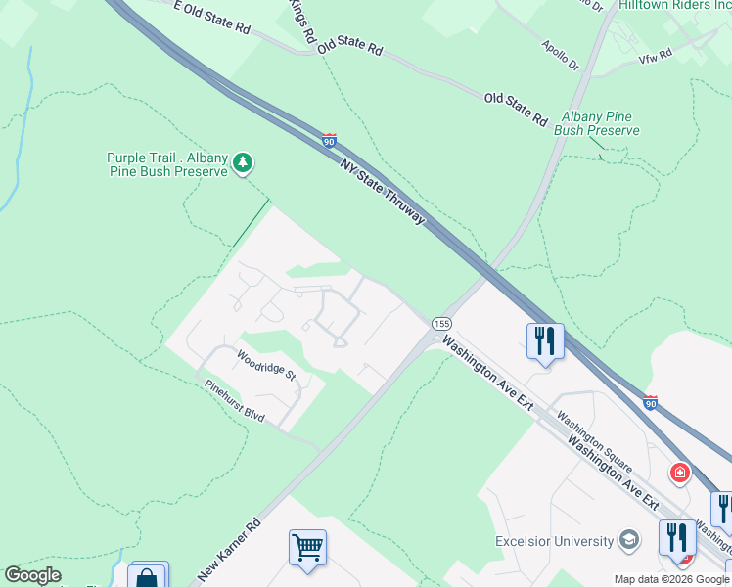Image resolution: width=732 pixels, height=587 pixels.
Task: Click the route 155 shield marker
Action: coord(441,324)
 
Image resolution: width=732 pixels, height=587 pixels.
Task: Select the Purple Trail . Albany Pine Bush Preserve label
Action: coord(167,164)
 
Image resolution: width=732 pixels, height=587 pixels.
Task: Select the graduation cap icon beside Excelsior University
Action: coord(628,540)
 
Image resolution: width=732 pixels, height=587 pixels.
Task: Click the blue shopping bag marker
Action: coord(148,577)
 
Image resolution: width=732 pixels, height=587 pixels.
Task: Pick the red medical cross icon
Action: coord(679,474)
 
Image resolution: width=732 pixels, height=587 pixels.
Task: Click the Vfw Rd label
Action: coord(655,56)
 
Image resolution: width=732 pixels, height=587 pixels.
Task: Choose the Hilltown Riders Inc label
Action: coord(674,6)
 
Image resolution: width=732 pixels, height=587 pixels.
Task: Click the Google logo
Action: coord(33,575)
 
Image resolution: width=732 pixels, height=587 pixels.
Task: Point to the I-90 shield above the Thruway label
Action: coord(330,142)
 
